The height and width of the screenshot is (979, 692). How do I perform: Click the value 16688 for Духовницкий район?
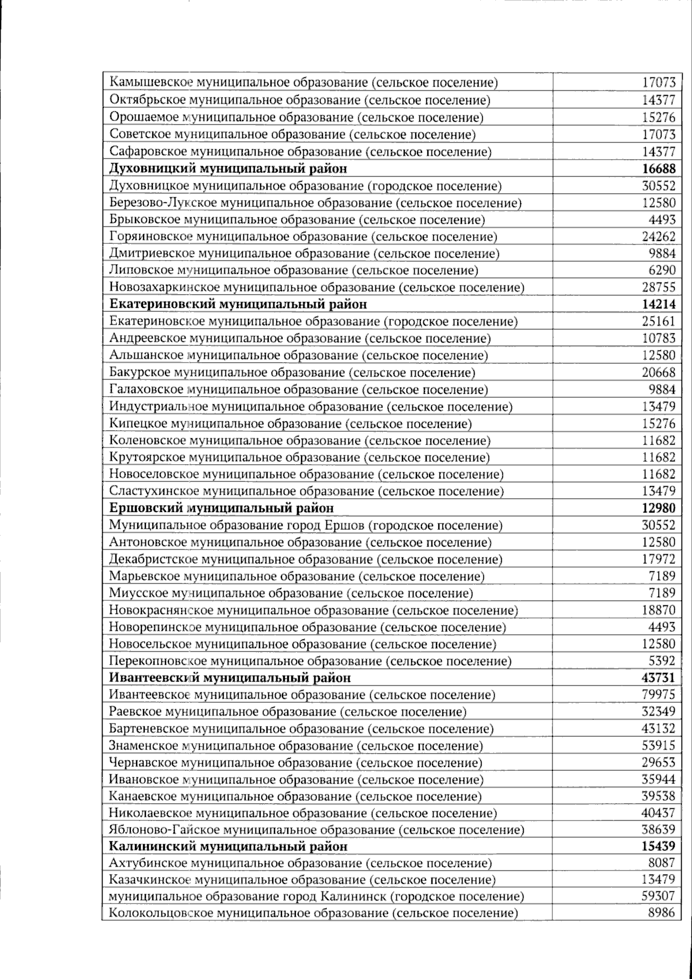tap(658, 169)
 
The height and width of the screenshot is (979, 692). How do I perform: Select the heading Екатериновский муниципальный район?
tap(238, 304)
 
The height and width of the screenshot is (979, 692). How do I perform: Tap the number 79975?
tap(658, 695)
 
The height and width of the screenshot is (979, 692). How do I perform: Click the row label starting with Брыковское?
tap(296, 220)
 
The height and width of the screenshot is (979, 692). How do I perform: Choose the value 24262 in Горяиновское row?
tap(658, 236)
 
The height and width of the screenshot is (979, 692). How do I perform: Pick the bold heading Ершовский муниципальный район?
tap(221, 508)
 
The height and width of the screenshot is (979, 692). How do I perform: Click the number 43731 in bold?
tap(658, 677)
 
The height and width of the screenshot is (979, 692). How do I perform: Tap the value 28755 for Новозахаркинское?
tap(658, 287)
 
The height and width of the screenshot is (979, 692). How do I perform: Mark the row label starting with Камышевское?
tap(303, 82)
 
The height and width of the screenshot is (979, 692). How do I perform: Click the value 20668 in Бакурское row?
tap(658, 372)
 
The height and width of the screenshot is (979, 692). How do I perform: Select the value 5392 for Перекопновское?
tap(661, 661)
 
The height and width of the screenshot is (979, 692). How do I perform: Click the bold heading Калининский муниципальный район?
tap(228, 846)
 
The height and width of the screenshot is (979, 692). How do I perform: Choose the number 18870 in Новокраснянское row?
tap(658, 610)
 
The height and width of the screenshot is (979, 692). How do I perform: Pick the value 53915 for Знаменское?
tap(658, 745)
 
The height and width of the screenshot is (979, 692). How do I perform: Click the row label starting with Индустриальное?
tap(310, 406)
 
